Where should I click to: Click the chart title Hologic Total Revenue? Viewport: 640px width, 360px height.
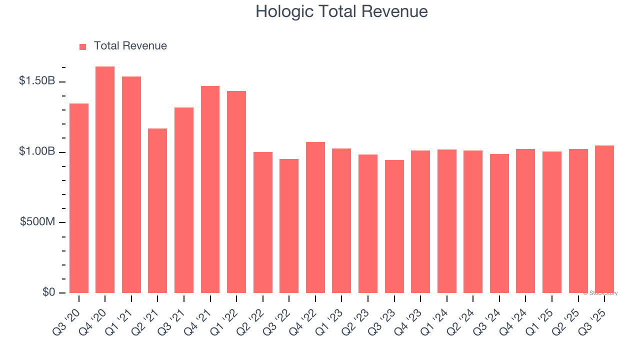point(341,11)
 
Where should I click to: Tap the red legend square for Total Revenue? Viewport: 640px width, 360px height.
point(83,46)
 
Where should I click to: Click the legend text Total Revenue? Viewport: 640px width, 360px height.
point(130,46)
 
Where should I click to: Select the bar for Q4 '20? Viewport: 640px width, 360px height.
point(105,180)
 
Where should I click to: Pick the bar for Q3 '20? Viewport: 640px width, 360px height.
point(79,198)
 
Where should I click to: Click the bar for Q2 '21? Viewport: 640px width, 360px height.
point(157,210)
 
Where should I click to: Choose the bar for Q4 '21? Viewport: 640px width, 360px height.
point(210,189)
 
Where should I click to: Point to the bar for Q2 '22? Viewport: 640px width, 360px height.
point(263,222)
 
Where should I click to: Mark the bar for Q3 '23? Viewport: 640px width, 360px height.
point(394,226)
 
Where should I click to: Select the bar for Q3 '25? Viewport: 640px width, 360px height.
point(604,219)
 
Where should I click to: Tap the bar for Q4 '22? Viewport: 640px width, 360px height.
point(315,217)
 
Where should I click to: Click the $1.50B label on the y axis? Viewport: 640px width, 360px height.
point(37,81)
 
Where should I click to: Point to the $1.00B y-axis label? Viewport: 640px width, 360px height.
point(37,151)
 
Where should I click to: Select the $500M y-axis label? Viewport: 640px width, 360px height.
point(37,222)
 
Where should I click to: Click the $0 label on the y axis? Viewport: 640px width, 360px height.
point(48,292)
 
